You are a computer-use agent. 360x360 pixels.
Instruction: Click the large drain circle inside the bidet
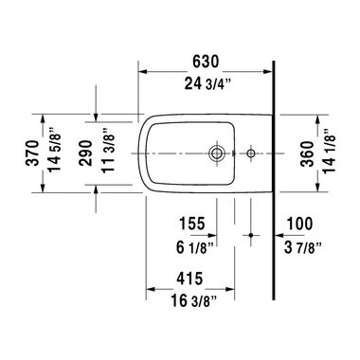[217, 152]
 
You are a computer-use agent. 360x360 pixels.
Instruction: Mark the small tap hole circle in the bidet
[250, 152]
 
